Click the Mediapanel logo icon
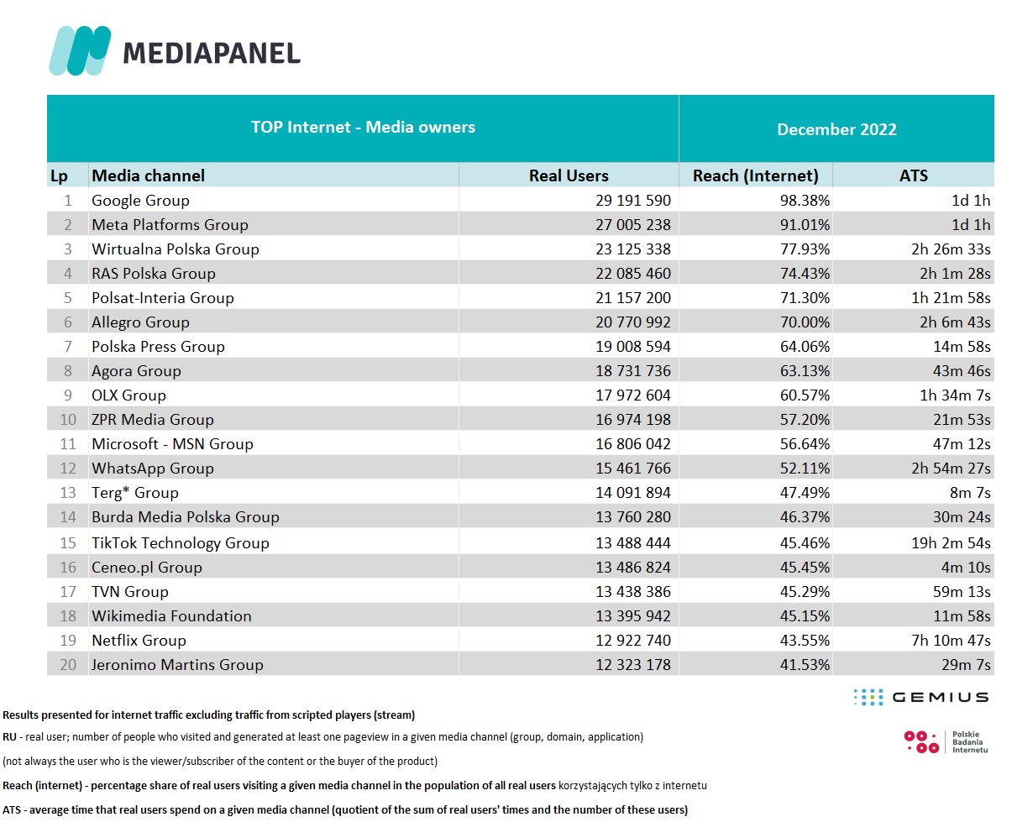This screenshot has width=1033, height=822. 80,51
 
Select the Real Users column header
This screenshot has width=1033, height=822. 569,175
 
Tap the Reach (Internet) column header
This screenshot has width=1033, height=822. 755,175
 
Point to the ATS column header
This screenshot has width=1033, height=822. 913,175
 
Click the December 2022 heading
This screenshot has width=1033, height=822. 836,129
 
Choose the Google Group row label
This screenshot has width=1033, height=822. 140,201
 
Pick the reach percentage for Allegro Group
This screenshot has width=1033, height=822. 804,322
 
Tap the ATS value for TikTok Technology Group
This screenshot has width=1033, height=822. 951,543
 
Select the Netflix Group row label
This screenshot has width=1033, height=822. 139,641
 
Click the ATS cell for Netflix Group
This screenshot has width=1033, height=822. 951,641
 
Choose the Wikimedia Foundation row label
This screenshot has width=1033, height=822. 171,616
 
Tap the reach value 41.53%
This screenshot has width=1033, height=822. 804,665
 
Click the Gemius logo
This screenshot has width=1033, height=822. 920,697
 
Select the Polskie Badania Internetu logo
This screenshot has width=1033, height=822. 946,741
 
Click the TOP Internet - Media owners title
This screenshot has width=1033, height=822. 363,128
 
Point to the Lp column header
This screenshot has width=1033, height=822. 59,175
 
